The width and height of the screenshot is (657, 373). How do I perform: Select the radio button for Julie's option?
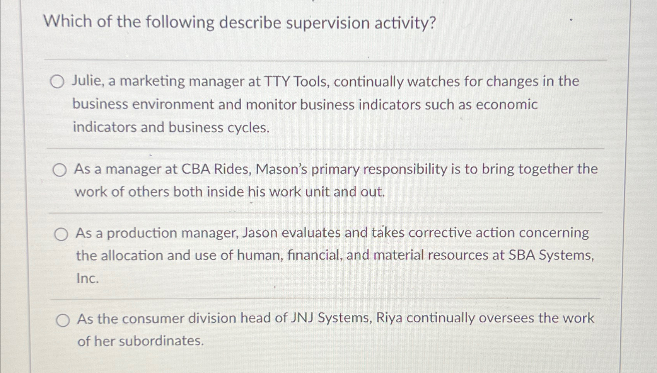point(57,82)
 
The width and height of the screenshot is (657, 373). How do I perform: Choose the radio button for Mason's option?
point(60,170)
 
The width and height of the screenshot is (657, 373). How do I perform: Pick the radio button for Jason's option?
point(61,234)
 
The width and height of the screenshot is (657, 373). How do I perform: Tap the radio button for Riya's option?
point(63,320)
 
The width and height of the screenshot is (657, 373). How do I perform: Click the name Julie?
point(87,81)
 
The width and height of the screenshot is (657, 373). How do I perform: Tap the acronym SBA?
point(522,255)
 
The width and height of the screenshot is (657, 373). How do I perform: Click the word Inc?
point(87,278)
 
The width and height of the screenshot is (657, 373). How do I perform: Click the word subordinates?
point(160,341)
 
